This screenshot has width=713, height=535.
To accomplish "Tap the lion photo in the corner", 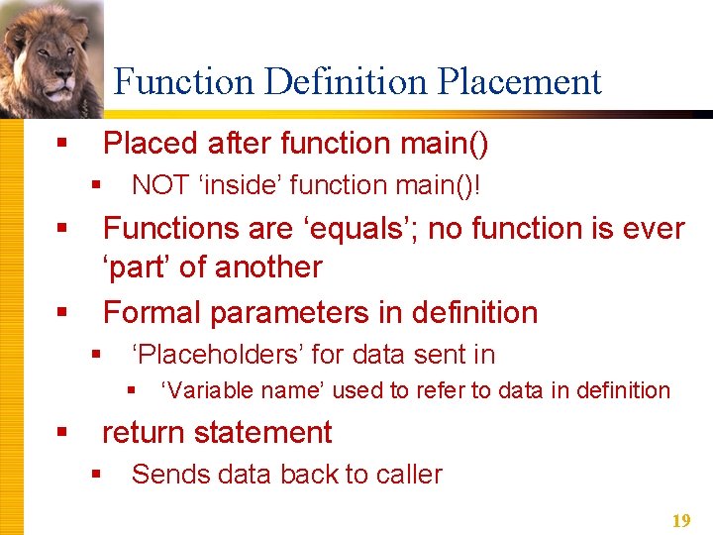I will [50, 50].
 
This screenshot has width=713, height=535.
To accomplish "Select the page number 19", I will [681, 520].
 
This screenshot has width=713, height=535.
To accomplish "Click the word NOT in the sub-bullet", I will [157, 185].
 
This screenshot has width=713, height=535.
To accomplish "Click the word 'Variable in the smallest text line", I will [201, 390].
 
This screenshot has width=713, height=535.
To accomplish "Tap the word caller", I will [409, 475].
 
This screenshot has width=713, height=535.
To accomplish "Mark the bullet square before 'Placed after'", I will [62, 145].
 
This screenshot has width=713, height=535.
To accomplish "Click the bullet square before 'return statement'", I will [62, 433].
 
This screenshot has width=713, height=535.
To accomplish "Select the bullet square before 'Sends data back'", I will [96, 475].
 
